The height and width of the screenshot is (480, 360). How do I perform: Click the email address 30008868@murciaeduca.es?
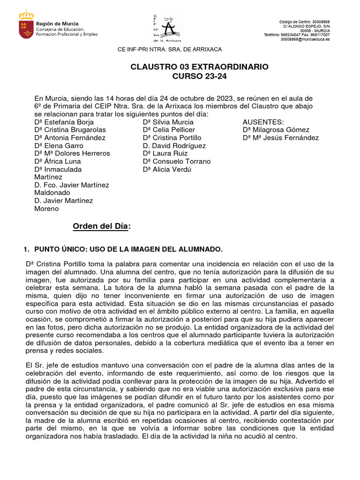[305, 40]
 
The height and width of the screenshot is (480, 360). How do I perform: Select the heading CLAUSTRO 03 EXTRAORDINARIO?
[199, 67]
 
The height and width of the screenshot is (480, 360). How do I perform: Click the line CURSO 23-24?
[199, 76]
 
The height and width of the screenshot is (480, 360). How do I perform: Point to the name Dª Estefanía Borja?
[64, 122]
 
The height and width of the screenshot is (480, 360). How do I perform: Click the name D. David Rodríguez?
[174, 146]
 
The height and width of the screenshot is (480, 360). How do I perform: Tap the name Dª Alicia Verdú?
[167, 169]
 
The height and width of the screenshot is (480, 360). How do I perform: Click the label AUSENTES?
[263, 122]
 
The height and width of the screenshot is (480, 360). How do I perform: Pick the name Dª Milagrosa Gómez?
[276, 130]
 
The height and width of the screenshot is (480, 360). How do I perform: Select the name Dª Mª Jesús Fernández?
[281, 138]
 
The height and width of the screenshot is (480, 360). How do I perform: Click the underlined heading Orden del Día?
[101, 226]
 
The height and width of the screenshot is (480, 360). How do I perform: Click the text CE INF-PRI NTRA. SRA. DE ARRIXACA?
[169, 49]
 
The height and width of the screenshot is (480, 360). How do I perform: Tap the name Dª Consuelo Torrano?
[177, 161]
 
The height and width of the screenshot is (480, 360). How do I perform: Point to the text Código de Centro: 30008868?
[304, 22]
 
